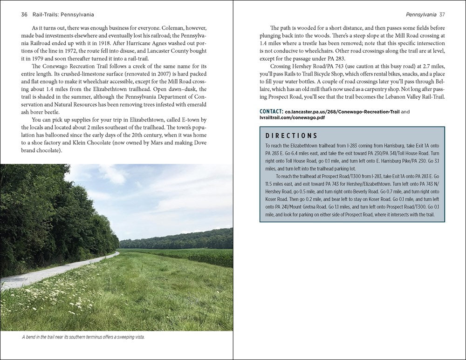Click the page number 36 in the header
[25, 14]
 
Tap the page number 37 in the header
[442, 14]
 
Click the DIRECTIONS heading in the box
[291, 136]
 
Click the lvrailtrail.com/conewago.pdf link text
[292, 118]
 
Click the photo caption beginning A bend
[83, 337]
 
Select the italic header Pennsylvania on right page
[421, 14]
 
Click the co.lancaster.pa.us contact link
[342, 112]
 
